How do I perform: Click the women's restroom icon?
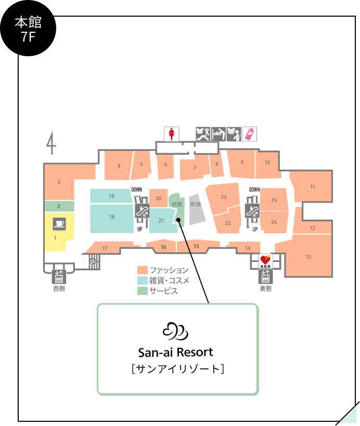171,134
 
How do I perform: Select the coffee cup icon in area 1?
59,224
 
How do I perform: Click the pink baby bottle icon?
249,134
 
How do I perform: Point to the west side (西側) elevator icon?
59,277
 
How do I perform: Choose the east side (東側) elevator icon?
265,277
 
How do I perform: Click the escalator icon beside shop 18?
142,210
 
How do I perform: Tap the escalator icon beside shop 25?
252,210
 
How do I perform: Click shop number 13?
308,257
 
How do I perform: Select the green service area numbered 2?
59,206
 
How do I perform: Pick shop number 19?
111,196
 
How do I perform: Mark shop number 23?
223,197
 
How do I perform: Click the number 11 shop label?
313,186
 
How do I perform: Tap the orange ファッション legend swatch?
142,270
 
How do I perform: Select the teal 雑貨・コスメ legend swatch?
142,280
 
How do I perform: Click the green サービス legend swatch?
142,291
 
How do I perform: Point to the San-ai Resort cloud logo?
175,331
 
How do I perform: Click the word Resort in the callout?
195,353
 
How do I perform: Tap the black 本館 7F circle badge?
28,28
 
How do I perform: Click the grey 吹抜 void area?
197,209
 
